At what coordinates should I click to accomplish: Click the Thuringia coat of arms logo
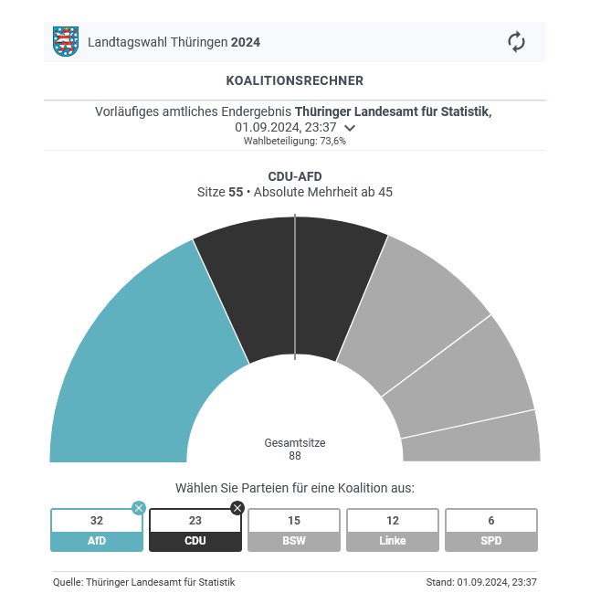[65, 42]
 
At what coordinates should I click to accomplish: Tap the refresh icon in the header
[516, 42]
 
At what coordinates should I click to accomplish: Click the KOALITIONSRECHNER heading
[294, 81]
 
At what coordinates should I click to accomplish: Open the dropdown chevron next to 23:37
[350, 128]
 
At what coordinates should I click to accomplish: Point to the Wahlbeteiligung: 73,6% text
[294, 142]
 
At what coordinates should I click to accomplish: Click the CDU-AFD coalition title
[294, 176]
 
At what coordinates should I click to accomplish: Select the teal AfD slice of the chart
[137, 356]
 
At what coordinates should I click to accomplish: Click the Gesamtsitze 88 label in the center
[294, 449]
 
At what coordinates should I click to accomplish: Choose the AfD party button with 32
[97, 530]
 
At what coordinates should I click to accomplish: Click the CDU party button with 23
[195, 530]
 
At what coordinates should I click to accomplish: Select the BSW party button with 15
[294, 530]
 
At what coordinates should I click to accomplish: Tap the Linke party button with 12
[393, 530]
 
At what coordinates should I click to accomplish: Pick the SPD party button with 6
[491, 530]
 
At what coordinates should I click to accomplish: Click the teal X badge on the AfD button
[139, 508]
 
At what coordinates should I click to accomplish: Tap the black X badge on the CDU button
[237, 508]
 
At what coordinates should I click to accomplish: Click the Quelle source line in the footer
[143, 582]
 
